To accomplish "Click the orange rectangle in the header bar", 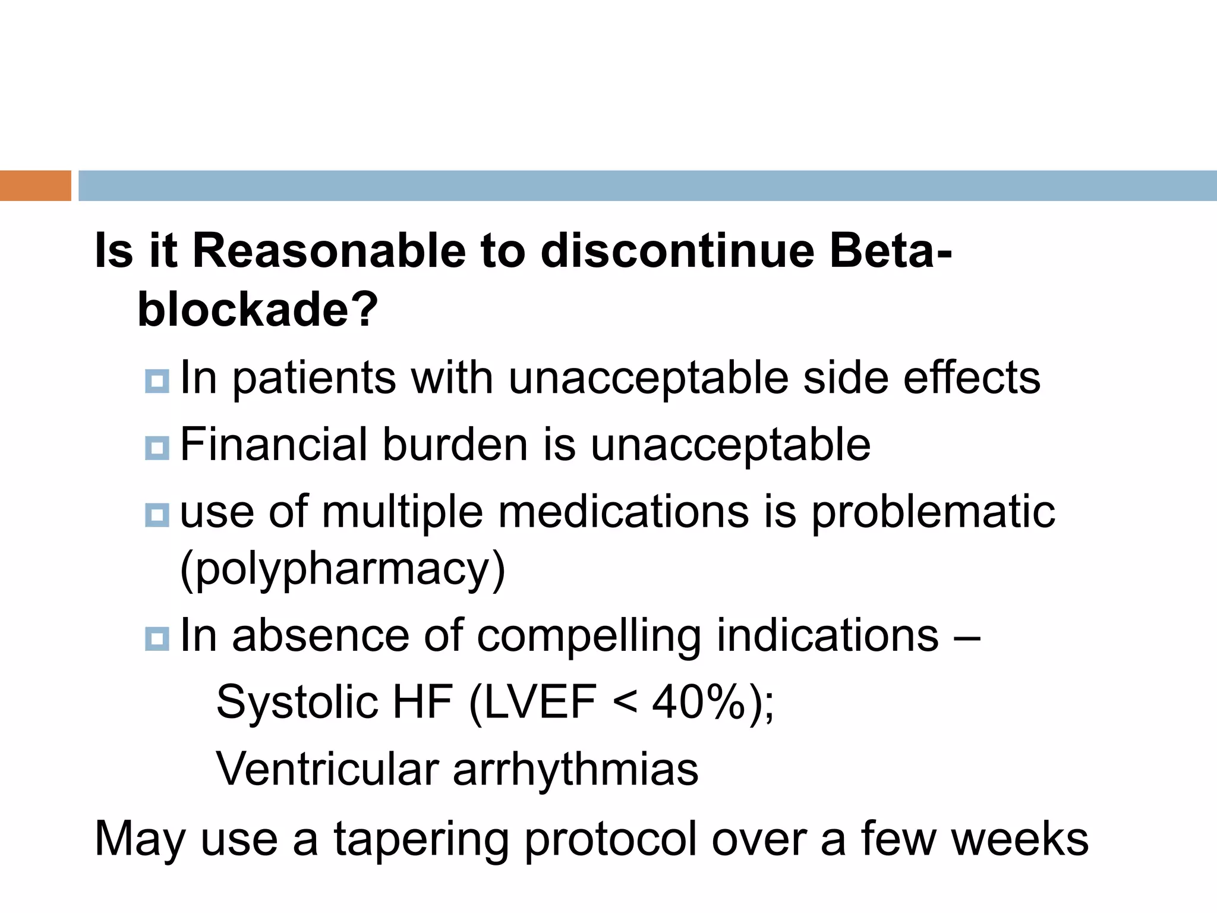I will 35,185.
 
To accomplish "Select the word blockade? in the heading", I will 257,310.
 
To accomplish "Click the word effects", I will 972,378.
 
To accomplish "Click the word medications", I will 623,512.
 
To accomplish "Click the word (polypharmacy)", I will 342,569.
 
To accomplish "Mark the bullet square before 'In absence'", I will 157,640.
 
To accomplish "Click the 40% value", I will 699,703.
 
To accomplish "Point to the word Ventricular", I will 327,769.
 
